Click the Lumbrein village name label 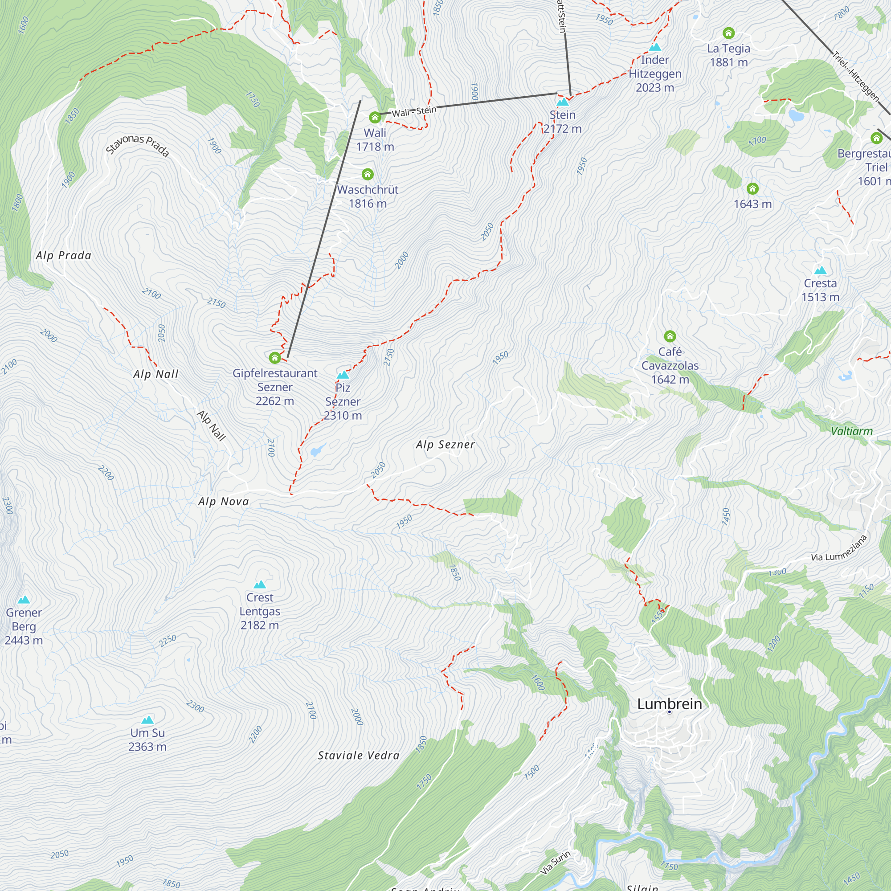[669, 704]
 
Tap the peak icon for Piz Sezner [343, 375]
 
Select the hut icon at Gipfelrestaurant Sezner [275, 357]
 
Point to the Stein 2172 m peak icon [563, 102]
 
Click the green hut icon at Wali [375, 118]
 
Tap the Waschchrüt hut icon [368, 174]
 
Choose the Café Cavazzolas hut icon [670, 336]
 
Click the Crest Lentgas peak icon [260, 584]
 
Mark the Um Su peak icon [147, 720]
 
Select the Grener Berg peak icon [24, 600]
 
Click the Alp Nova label [224, 501]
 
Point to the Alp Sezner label [445, 445]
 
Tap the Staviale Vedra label [358, 756]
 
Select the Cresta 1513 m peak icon [821, 270]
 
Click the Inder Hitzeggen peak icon [655, 47]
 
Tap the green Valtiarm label [852, 431]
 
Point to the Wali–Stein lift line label [414, 111]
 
